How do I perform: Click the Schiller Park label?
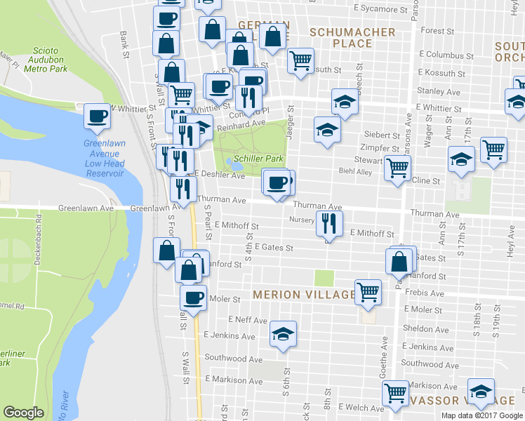click(260, 159)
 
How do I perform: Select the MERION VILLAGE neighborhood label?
click(305, 295)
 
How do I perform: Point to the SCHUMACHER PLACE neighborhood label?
click(352, 38)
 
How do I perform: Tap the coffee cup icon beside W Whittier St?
click(97, 116)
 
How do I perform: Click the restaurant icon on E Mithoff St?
click(328, 224)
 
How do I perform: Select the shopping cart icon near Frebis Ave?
click(368, 290)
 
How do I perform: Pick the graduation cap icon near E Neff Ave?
click(282, 333)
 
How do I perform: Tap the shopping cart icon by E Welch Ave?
click(395, 392)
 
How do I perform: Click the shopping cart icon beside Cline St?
click(397, 168)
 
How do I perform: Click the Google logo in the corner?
click(24, 413)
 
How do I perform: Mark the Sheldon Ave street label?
click(426, 329)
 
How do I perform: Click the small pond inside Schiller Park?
click(234, 166)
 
